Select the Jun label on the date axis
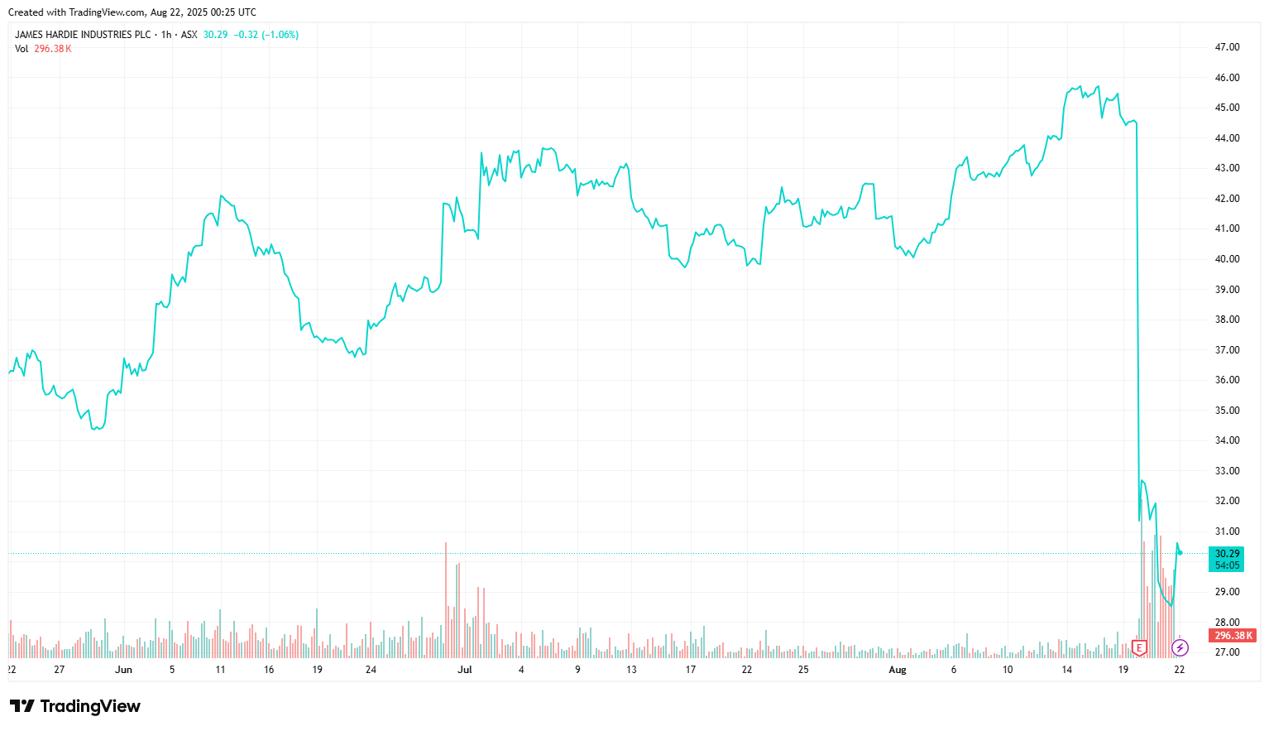[123, 670]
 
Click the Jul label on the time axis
[465, 670]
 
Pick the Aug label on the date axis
[898, 670]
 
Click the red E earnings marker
[1139, 647]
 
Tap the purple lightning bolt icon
[1180, 647]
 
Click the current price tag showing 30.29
[1226, 554]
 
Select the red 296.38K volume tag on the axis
[1233, 636]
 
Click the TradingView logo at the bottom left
[75, 706]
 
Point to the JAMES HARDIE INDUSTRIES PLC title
[83, 35]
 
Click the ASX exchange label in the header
[189, 35]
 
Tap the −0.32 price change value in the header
[246, 35]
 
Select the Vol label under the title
[22, 49]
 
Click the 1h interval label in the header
[166, 35]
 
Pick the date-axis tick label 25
[803, 670]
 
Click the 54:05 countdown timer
[1226, 565]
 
